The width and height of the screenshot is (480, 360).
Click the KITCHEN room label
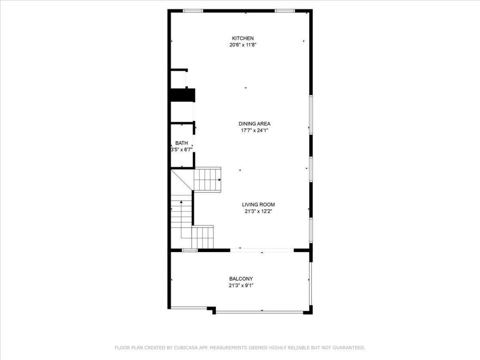[243, 38]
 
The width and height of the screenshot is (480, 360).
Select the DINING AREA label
[254, 124]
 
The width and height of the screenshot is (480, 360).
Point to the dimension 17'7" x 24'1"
[254, 130]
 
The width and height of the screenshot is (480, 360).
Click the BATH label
[181, 143]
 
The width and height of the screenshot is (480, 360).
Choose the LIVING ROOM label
[258, 205]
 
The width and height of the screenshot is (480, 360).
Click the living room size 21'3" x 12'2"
[258, 211]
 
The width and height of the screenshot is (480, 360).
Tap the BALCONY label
[241, 279]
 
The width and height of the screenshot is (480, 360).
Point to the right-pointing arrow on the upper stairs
[219, 180]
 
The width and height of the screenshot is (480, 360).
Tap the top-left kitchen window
[193, 11]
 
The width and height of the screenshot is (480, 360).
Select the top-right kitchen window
[284, 11]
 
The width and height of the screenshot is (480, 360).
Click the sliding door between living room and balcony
[262, 250]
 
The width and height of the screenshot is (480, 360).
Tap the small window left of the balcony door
[189, 250]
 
